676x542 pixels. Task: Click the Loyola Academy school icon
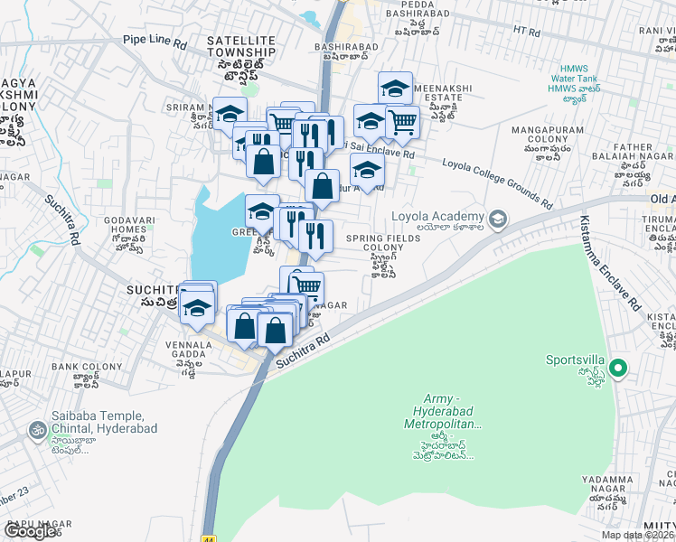(497, 219)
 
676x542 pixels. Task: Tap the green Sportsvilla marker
(618, 368)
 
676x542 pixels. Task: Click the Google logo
(29, 531)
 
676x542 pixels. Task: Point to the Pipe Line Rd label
(155, 42)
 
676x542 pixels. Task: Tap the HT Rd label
(526, 32)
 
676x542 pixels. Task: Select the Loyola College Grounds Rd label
(496, 183)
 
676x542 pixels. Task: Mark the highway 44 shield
(210, 537)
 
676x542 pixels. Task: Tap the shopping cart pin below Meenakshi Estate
(402, 122)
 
